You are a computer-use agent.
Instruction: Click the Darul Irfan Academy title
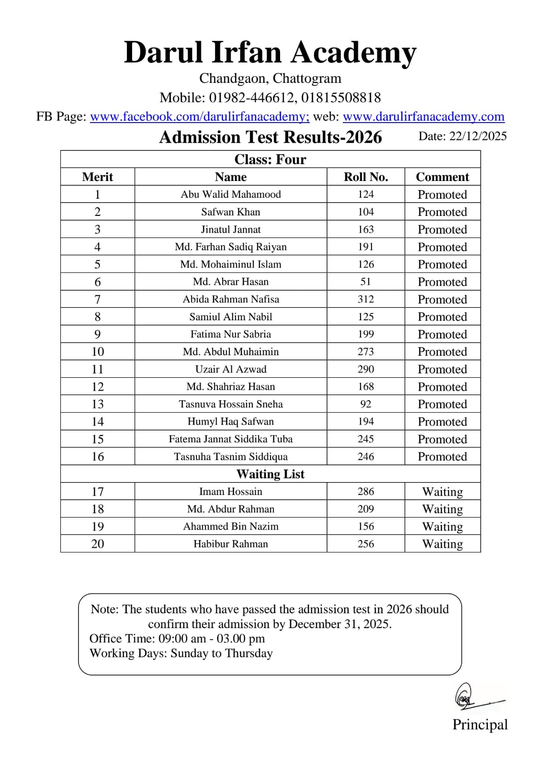[270, 52]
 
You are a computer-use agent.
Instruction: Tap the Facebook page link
[200, 116]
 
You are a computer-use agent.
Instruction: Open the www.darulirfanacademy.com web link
[423, 116]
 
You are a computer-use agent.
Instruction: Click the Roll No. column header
[366, 177]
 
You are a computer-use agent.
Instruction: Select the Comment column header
[442, 177]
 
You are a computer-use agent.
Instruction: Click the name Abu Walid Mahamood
[231, 194]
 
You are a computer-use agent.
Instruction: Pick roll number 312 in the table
[366, 299]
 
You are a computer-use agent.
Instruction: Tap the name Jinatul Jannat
[231, 229]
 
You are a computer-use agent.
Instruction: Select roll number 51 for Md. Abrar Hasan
[366, 282]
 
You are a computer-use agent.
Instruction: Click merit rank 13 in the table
[98, 404]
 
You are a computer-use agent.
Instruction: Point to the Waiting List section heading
[270, 474]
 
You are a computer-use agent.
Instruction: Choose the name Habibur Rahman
[231, 544]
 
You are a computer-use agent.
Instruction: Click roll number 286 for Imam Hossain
[366, 492]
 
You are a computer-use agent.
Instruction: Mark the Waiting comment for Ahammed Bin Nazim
[442, 527]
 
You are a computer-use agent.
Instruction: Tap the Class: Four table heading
[270, 159]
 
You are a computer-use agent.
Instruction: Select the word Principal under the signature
[480, 724]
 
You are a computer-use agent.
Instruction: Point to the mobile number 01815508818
[341, 98]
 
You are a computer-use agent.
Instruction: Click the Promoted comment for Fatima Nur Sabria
[442, 334]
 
